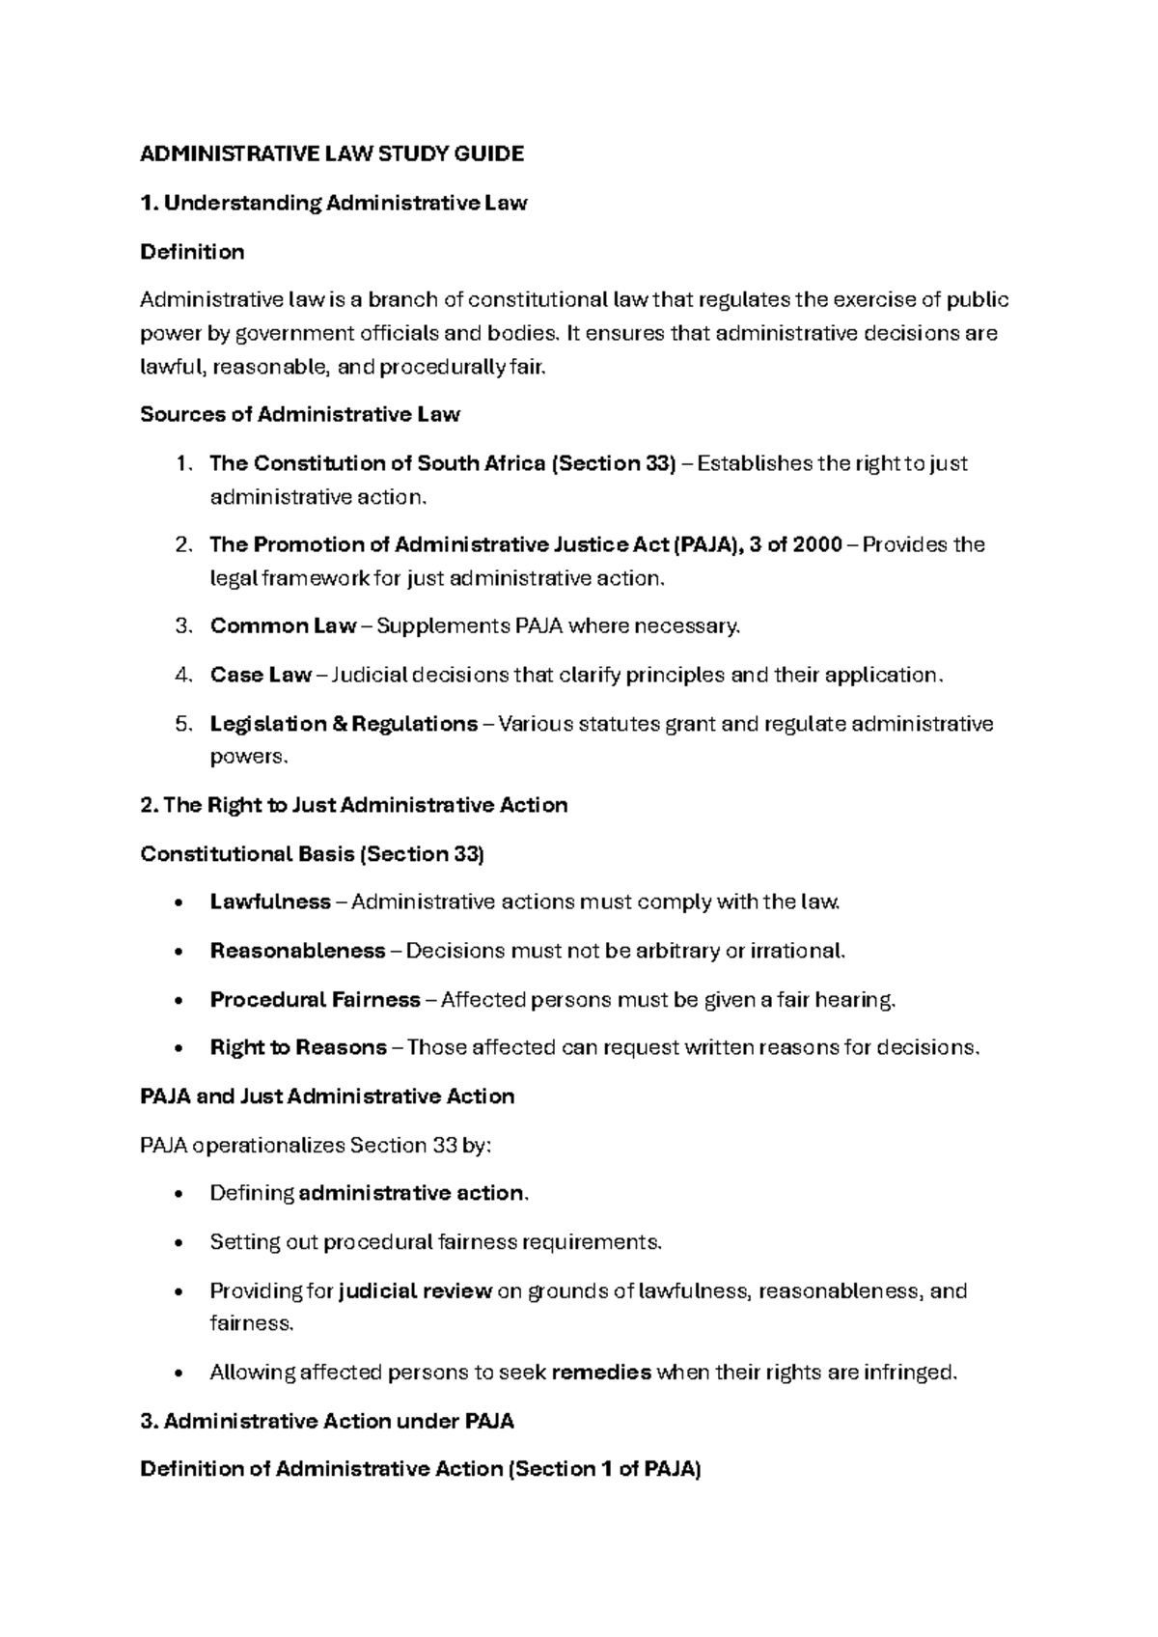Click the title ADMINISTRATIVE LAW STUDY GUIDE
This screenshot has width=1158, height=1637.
(x=332, y=153)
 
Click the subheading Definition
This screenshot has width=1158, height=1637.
(x=192, y=252)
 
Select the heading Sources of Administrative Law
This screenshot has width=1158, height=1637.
(x=300, y=415)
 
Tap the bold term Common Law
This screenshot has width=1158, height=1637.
(x=283, y=626)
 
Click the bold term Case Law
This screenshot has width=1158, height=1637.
(x=261, y=675)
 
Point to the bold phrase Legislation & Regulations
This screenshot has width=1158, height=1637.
(x=344, y=724)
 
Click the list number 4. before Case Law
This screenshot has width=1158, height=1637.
(x=184, y=675)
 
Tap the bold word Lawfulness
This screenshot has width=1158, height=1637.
(x=270, y=902)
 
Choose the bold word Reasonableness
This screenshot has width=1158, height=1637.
(x=297, y=951)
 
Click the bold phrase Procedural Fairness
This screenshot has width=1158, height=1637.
(x=315, y=1000)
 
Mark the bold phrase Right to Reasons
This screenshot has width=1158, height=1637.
(x=298, y=1048)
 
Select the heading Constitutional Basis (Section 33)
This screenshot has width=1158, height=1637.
(x=312, y=854)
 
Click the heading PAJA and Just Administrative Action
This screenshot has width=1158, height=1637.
(x=327, y=1096)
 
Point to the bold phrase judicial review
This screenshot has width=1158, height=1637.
(x=416, y=1291)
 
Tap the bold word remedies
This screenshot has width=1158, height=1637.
(x=602, y=1373)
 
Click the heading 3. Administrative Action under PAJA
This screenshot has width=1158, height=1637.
(x=327, y=1421)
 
